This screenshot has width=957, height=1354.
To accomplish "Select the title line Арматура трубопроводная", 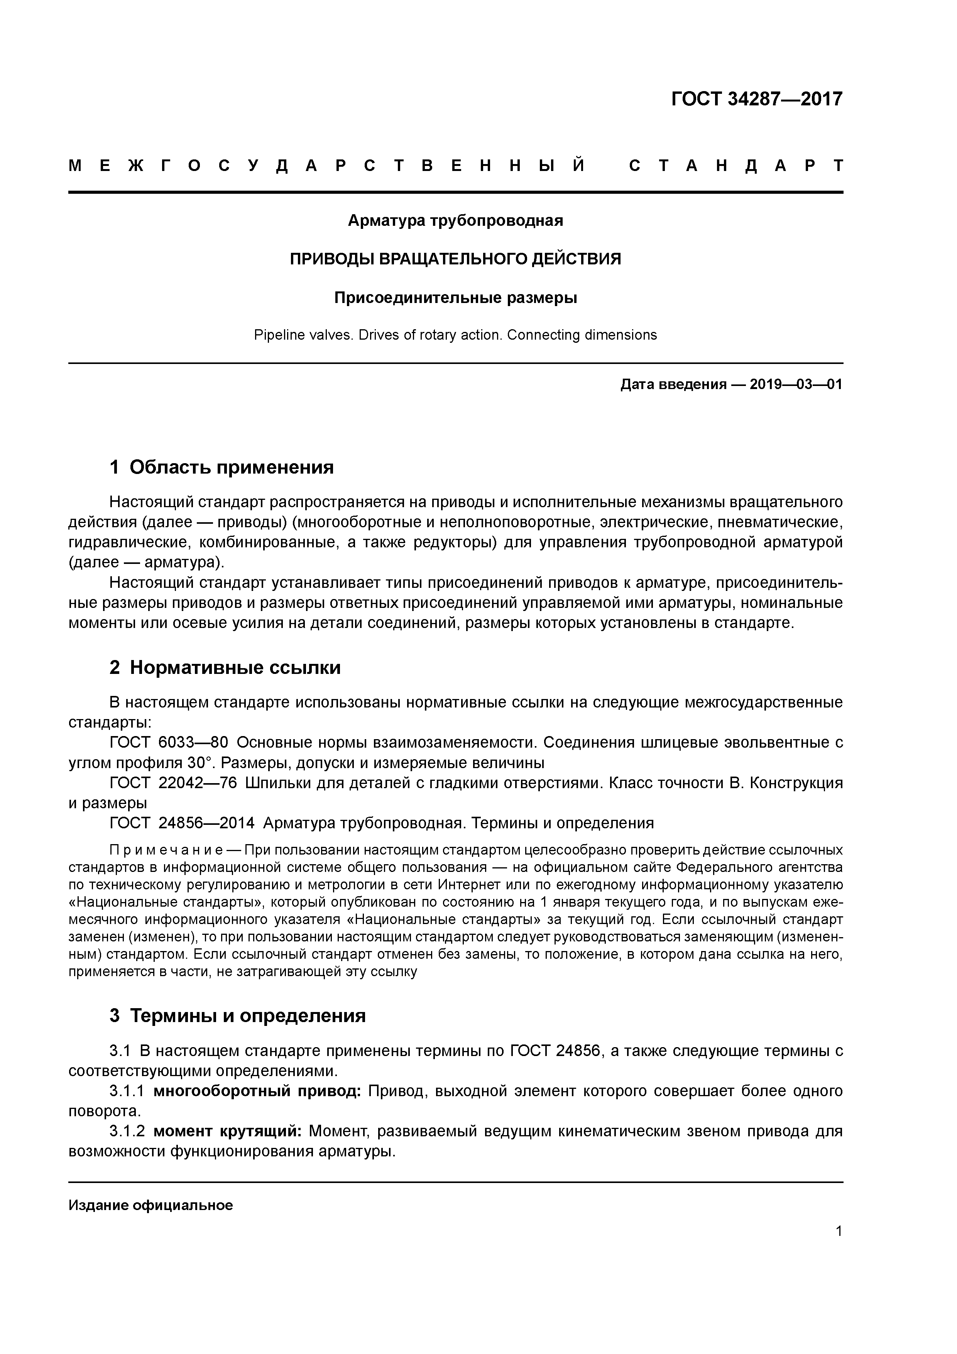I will pos(455,220).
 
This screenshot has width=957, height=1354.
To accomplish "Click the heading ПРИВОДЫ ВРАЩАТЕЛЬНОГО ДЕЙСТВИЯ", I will pos(455,259).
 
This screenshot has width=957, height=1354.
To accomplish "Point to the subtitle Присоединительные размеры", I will pos(455,298).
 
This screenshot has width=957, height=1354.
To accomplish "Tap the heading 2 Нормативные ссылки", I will pos(225,668).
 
